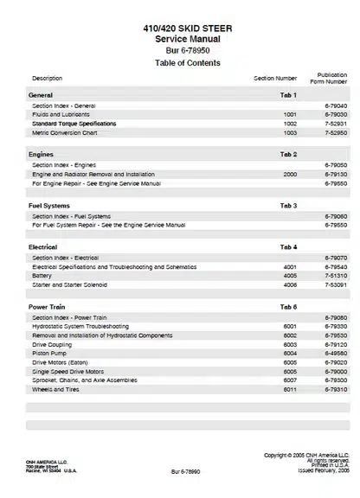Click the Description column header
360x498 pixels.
47,79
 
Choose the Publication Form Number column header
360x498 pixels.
332,78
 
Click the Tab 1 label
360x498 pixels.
288,94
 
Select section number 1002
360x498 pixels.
289,124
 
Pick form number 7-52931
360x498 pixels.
335,124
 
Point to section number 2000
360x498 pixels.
289,174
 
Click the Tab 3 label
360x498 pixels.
288,206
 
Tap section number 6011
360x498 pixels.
289,389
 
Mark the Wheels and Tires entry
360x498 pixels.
57,389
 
